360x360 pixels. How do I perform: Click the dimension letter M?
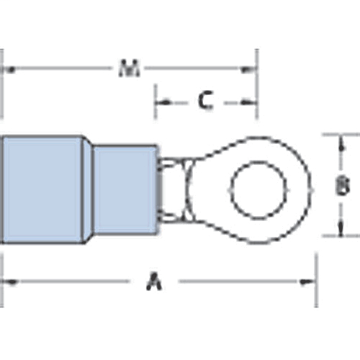[x=129, y=69]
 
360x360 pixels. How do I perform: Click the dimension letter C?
[x=205, y=102]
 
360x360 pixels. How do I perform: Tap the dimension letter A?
[x=153, y=282]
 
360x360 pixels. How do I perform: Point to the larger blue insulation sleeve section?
[x=43, y=190]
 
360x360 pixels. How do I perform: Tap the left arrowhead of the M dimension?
[x=10, y=70]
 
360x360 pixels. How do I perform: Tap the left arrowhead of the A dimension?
[x=10, y=282]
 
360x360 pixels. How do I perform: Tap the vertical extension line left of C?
[x=155, y=101]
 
